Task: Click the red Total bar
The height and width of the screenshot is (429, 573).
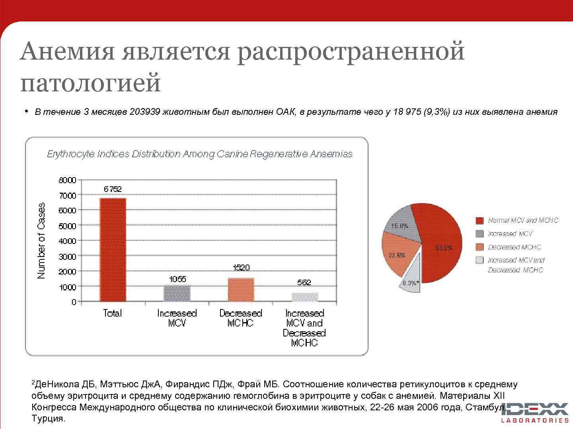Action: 113,249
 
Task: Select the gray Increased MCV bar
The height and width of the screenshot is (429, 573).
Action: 177,293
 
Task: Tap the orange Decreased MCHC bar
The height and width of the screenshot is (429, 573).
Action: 241,290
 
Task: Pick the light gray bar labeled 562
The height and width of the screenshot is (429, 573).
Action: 305,297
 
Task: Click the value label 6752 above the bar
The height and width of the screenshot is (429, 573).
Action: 113,189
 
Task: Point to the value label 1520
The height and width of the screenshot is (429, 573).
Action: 241,268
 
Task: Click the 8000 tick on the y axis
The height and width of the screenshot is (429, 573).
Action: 67,180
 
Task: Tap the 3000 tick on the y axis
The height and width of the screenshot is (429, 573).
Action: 67,256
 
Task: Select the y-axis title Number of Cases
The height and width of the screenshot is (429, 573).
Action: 41,241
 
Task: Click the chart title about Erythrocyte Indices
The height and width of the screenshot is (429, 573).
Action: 200,154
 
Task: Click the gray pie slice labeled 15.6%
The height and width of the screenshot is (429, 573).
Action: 402,224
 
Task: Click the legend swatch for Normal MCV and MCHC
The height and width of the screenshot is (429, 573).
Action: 480,220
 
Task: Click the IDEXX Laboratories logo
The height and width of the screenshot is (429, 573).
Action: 535,412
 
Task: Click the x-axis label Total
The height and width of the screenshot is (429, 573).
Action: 113,313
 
